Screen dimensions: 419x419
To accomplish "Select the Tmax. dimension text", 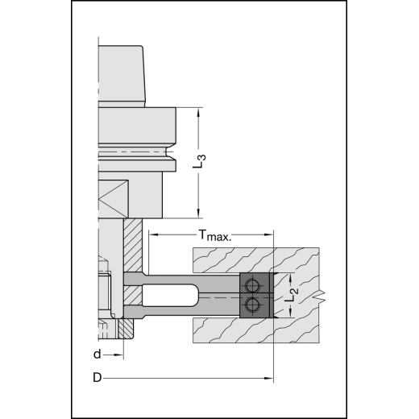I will coord(214,236).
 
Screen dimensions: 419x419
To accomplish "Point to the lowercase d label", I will coord(97,354).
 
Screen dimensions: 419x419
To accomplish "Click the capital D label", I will coord(97,378).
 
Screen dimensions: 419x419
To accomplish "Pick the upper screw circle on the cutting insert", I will coord(254,286).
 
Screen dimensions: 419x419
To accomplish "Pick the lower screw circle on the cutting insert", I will coord(254,304).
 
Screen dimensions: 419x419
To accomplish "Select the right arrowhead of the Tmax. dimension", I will coord(270,236).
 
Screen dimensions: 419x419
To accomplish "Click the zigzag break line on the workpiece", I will coord(322,295).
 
